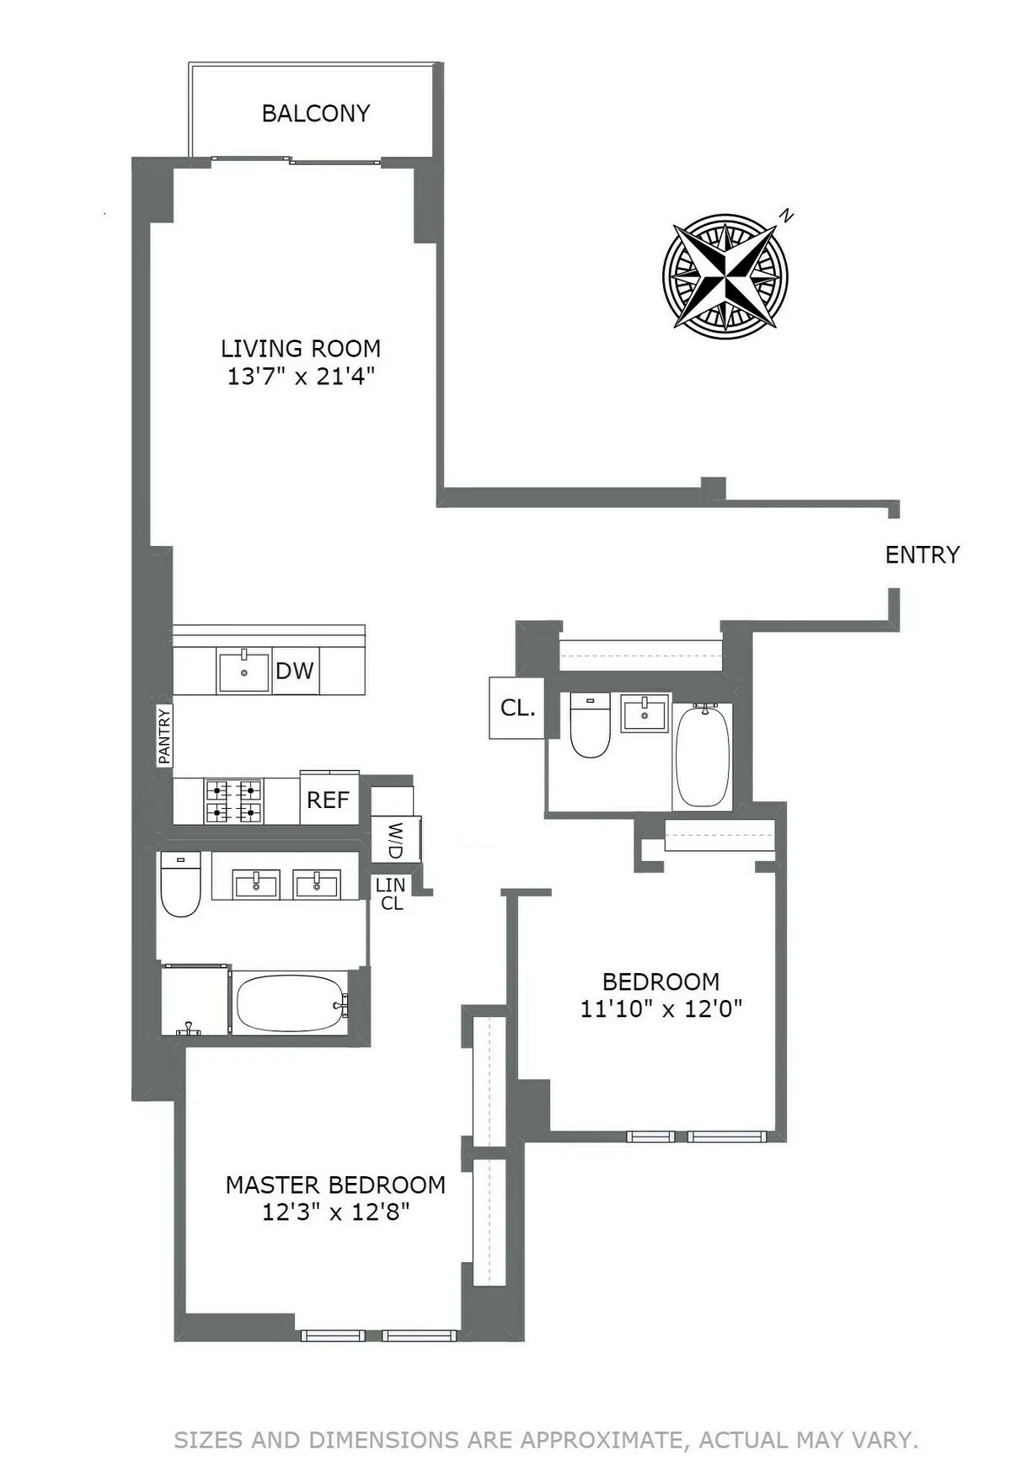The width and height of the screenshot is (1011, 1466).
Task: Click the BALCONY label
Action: [316, 114]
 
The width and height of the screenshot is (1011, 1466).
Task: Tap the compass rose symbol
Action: [725, 271]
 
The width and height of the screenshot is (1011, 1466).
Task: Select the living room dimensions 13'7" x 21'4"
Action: [300, 377]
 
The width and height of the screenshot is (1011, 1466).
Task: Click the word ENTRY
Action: [922, 555]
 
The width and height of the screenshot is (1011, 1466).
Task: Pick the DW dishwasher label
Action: [295, 671]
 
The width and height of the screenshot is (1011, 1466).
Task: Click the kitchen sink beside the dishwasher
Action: [243, 671]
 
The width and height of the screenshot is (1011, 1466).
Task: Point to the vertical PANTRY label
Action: [164, 736]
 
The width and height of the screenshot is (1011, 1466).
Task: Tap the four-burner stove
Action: [233, 801]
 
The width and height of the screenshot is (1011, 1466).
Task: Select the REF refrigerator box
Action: [328, 800]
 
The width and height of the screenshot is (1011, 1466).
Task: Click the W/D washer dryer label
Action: [395, 840]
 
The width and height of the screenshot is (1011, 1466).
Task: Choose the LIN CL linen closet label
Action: [391, 894]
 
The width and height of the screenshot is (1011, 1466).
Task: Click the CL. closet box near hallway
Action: [517, 709]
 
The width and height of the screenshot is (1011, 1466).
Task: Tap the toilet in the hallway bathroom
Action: [590, 725]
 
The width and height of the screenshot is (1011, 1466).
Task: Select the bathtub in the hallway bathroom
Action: [703, 756]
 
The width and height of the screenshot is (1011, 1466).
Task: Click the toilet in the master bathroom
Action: [180, 884]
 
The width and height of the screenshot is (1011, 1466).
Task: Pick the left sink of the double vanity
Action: [255, 885]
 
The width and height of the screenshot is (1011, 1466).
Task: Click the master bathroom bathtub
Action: [291, 1003]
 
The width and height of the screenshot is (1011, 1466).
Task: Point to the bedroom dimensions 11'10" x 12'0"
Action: [661, 1009]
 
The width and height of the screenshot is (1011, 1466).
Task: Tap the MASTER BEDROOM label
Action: [335, 1185]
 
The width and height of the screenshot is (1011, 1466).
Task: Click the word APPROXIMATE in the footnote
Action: [601, 1440]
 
